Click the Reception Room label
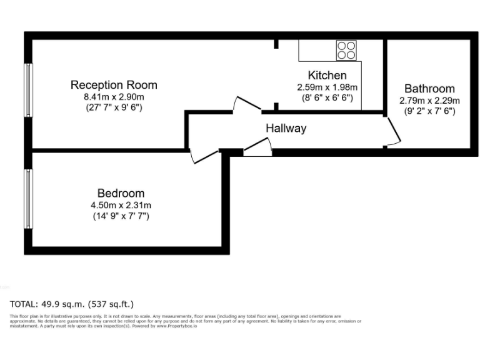114,85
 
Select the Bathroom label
429,89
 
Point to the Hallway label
286,129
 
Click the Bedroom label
121,194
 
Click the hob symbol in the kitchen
346,50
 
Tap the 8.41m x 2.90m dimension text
114,96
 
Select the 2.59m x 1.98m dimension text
327,87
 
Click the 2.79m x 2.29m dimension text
429,100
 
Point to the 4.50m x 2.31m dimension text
121,205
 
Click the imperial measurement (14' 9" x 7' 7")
121,216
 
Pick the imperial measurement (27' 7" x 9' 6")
114,107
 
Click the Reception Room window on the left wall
28,89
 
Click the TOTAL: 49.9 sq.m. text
72,304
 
